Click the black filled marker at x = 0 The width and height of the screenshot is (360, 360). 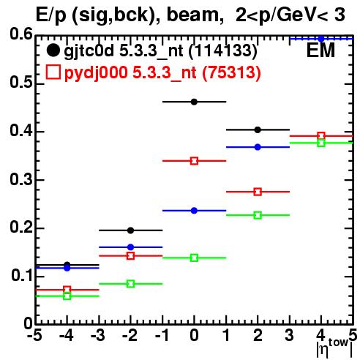(194, 102)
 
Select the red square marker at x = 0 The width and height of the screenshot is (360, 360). (194, 161)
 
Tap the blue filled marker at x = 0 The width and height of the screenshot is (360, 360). (194, 211)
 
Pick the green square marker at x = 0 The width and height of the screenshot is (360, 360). (194, 258)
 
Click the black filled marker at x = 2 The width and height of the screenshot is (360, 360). (258, 130)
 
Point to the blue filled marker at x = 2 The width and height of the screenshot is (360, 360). (258, 147)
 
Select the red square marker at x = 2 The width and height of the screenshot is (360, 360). (258, 192)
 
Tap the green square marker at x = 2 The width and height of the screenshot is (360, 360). (258, 215)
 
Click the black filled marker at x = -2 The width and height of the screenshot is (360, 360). (131, 230)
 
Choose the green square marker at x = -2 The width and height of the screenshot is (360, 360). (131, 284)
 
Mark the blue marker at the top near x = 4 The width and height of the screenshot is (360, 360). (321, 39)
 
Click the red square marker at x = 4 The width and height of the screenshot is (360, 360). (321, 136)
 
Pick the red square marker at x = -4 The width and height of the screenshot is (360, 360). (67, 290)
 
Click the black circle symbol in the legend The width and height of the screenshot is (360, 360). (53, 50)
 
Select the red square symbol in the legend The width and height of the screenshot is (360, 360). (53, 72)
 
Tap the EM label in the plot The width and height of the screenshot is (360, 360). (320, 50)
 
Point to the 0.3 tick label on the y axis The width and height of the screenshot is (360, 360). (21, 179)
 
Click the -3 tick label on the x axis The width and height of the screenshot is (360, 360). (98, 335)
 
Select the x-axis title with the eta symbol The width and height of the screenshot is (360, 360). (334, 348)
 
